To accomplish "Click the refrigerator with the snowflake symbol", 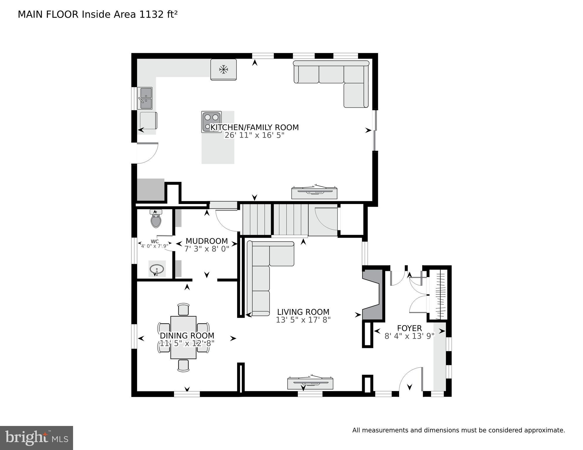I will tap(224, 69).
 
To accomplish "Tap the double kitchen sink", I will tap(145, 98).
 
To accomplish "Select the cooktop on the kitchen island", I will tap(212, 121).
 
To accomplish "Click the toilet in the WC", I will tap(156, 219).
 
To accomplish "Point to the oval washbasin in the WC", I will tap(157, 269).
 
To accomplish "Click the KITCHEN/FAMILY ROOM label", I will tap(254, 128).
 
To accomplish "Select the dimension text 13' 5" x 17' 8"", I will tap(303, 320).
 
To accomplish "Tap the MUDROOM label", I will tap(207, 241).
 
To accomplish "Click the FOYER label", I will tap(409, 328).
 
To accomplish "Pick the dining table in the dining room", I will tap(183, 337).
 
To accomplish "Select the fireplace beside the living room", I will tap(373, 295).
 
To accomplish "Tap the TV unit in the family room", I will tap(314, 192).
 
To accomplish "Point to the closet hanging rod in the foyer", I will tap(440, 296).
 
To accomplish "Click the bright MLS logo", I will tap(36, 438).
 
